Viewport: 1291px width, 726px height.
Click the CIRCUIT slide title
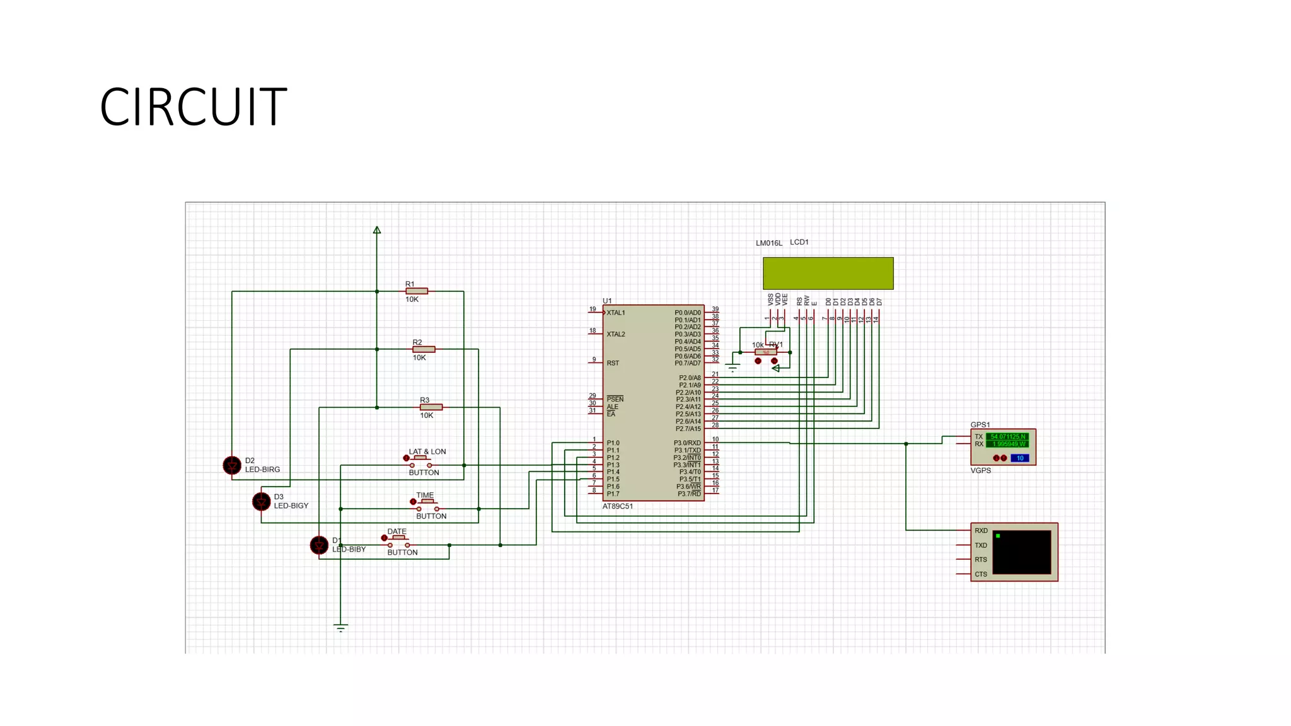click(x=193, y=107)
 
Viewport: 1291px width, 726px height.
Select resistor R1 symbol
click(x=417, y=291)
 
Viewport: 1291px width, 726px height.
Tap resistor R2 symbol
click(x=424, y=349)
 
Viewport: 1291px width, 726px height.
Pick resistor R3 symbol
click(x=431, y=407)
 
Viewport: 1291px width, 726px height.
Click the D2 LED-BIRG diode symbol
click(x=232, y=465)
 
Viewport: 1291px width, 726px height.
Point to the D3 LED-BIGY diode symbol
click(x=261, y=502)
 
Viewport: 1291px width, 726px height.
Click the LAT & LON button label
click(x=427, y=452)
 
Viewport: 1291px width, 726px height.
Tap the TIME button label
click(x=425, y=495)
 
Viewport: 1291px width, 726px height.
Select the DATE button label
click(x=397, y=531)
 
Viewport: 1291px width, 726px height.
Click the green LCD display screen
click(x=828, y=273)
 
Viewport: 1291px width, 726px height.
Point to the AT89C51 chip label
click(x=617, y=506)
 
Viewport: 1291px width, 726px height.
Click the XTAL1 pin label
click(x=615, y=313)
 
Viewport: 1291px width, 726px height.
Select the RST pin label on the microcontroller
click(x=613, y=363)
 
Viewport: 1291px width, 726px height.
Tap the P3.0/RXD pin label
click(x=687, y=443)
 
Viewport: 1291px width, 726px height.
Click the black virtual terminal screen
click(x=1021, y=552)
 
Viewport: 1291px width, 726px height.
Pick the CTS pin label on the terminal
click(x=981, y=574)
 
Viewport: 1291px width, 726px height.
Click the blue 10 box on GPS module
click(x=1019, y=458)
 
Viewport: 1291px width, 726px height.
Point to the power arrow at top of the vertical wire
click(x=377, y=231)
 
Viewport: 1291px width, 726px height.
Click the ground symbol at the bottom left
click(x=340, y=627)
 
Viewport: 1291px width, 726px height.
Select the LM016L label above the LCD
click(x=768, y=243)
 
